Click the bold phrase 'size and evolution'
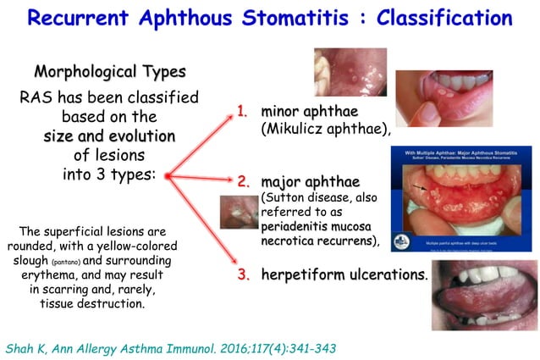[109, 136]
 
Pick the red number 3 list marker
[243, 275]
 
